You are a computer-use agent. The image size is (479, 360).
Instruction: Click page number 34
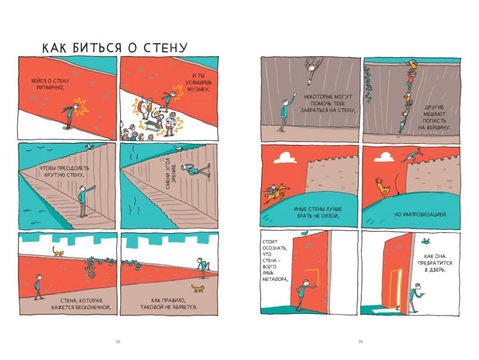click(x=118, y=341)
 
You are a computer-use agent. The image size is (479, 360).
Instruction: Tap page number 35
click(x=360, y=341)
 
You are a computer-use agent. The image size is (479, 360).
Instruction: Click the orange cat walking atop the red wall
click(x=57, y=252)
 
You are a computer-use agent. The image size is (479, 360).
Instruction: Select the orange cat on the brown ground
click(x=198, y=288)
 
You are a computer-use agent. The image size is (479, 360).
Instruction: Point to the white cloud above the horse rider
click(x=286, y=158)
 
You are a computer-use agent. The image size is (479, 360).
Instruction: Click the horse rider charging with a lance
click(x=275, y=192)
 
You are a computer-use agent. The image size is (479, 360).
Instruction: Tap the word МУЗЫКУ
click(x=198, y=89)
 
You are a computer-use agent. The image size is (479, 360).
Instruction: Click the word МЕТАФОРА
click(x=275, y=279)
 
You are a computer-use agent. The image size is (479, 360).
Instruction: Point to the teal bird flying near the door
click(x=426, y=241)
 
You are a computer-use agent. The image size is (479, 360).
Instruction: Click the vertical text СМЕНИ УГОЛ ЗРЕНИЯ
click(x=171, y=176)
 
